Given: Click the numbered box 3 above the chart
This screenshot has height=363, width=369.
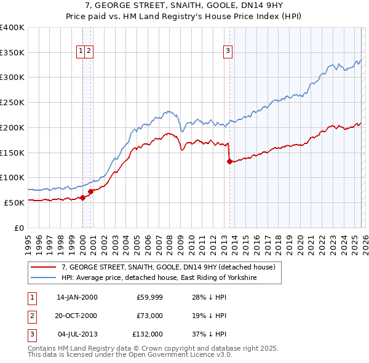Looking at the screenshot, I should pyautogui.click(x=228, y=51).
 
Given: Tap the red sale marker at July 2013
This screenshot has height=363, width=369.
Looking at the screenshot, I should pyautogui.click(x=229, y=162).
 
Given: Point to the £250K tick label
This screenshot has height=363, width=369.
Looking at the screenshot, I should pyautogui.click(x=12, y=102).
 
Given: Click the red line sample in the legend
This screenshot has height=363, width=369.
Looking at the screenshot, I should pyautogui.click(x=43, y=267).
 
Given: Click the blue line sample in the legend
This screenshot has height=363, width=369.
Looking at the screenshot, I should pyautogui.click(x=43, y=278).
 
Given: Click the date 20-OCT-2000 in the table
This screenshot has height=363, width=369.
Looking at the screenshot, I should pyautogui.click(x=77, y=316).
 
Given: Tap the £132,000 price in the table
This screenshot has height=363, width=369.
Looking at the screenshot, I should pyautogui.click(x=148, y=334).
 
